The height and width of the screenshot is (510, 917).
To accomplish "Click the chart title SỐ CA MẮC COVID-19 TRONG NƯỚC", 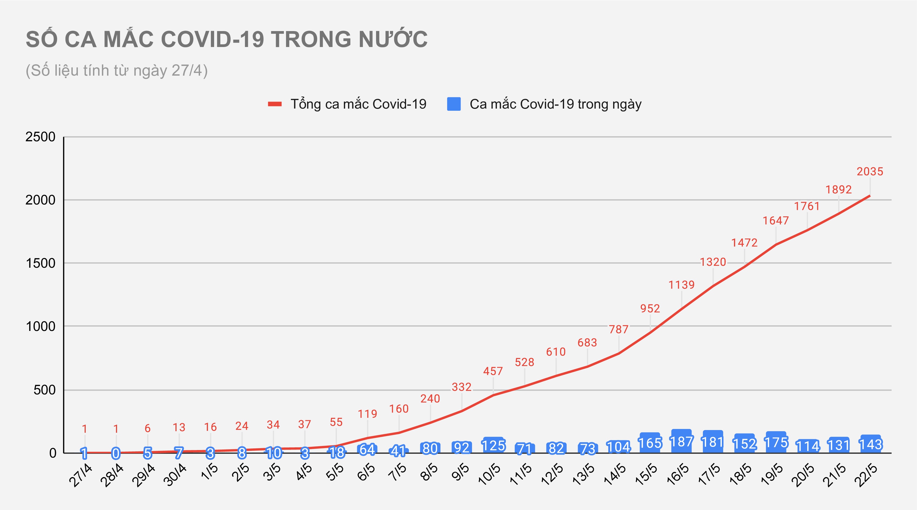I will pyautogui.click(x=226, y=39).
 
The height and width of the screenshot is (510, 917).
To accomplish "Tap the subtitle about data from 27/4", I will pyautogui.click(x=117, y=71).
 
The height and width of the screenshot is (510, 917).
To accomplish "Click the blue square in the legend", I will pyautogui.click(x=454, y=104).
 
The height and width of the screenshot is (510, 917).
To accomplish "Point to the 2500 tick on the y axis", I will pyautogui.click(x=40, y=137).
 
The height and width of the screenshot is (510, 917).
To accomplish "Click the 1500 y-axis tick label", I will pyautogui.click(x=40, y=263).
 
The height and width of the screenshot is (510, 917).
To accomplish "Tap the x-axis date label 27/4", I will pyautogui.click(x=81, y=475).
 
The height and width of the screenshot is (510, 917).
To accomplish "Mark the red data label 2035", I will pyautogui.click(x=870, y=172).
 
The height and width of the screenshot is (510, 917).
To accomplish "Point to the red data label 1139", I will pyautogui.click(x=681, y=284).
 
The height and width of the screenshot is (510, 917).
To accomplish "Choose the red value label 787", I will pyautogui.click(x=618, y=329).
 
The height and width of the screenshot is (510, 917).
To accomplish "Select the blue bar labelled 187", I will pyautogui.click(x=681, y=441).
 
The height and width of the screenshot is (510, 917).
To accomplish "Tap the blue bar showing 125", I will pyautogui.click(x=493, y=445).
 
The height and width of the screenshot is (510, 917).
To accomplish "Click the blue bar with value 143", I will pyautogui.click(x=871, y=444).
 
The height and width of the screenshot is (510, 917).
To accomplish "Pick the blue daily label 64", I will pyautogui.click(x=367, y=449).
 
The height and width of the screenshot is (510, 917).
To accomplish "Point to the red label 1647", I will pyautogui.click(x=775, y=220).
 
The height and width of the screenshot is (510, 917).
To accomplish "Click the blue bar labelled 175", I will pyautogui.click(x=776, y=442).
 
